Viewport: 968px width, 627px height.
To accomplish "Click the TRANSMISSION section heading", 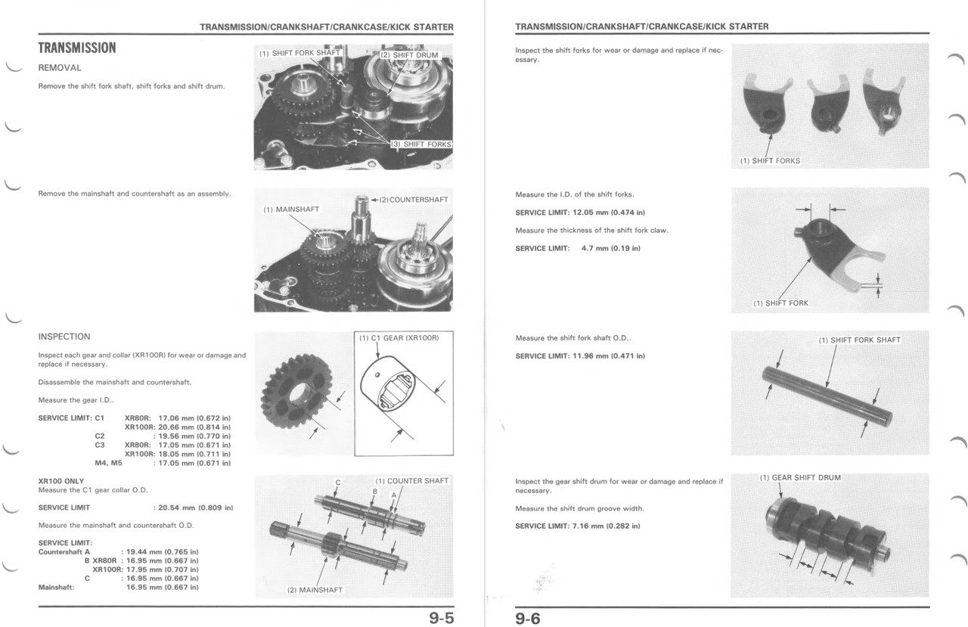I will coord(77,48).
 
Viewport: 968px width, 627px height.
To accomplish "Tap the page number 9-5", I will coord(441,618).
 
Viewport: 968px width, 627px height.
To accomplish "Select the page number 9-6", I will coord(528,618).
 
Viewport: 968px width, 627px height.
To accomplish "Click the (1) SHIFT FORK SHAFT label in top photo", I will coord(299,53).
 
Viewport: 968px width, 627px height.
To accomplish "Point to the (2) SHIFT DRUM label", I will coord(409,55).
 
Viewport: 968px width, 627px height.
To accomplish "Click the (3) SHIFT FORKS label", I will coord(420,144).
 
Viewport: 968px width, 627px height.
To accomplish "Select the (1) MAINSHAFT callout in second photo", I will coord(291,210).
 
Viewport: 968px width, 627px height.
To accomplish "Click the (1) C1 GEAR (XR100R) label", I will coord(399,337).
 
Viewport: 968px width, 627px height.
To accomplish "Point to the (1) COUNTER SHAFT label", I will coord(411,480).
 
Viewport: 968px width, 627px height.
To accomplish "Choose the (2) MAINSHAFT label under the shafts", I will coord(315,590).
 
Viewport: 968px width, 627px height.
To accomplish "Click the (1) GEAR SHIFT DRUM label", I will coord(800,478).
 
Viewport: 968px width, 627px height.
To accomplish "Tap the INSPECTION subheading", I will coord(64,337).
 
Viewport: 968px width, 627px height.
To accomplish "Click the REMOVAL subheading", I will coord(59,68).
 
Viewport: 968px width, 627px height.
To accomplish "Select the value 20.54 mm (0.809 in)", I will coord(193,507).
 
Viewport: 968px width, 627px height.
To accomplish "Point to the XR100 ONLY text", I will coord(61,480).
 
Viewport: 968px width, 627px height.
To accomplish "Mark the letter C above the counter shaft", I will coord(338,483).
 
